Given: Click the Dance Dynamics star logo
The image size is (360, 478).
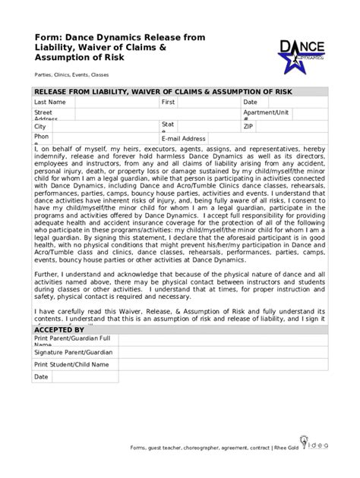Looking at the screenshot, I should click(302, 55).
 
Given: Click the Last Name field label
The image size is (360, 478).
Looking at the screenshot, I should click(49, 102).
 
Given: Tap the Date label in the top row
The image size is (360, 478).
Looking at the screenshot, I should click(250, 102).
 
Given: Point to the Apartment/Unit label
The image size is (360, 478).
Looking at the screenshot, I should click(266, 112).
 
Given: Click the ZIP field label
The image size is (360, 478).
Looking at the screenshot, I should click(248, 127).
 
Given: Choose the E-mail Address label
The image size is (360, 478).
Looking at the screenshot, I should click(183, 139).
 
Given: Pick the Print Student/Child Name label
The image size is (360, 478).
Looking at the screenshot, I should click(71, 364).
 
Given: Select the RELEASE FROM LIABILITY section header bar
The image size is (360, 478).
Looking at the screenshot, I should click(180, 91).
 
